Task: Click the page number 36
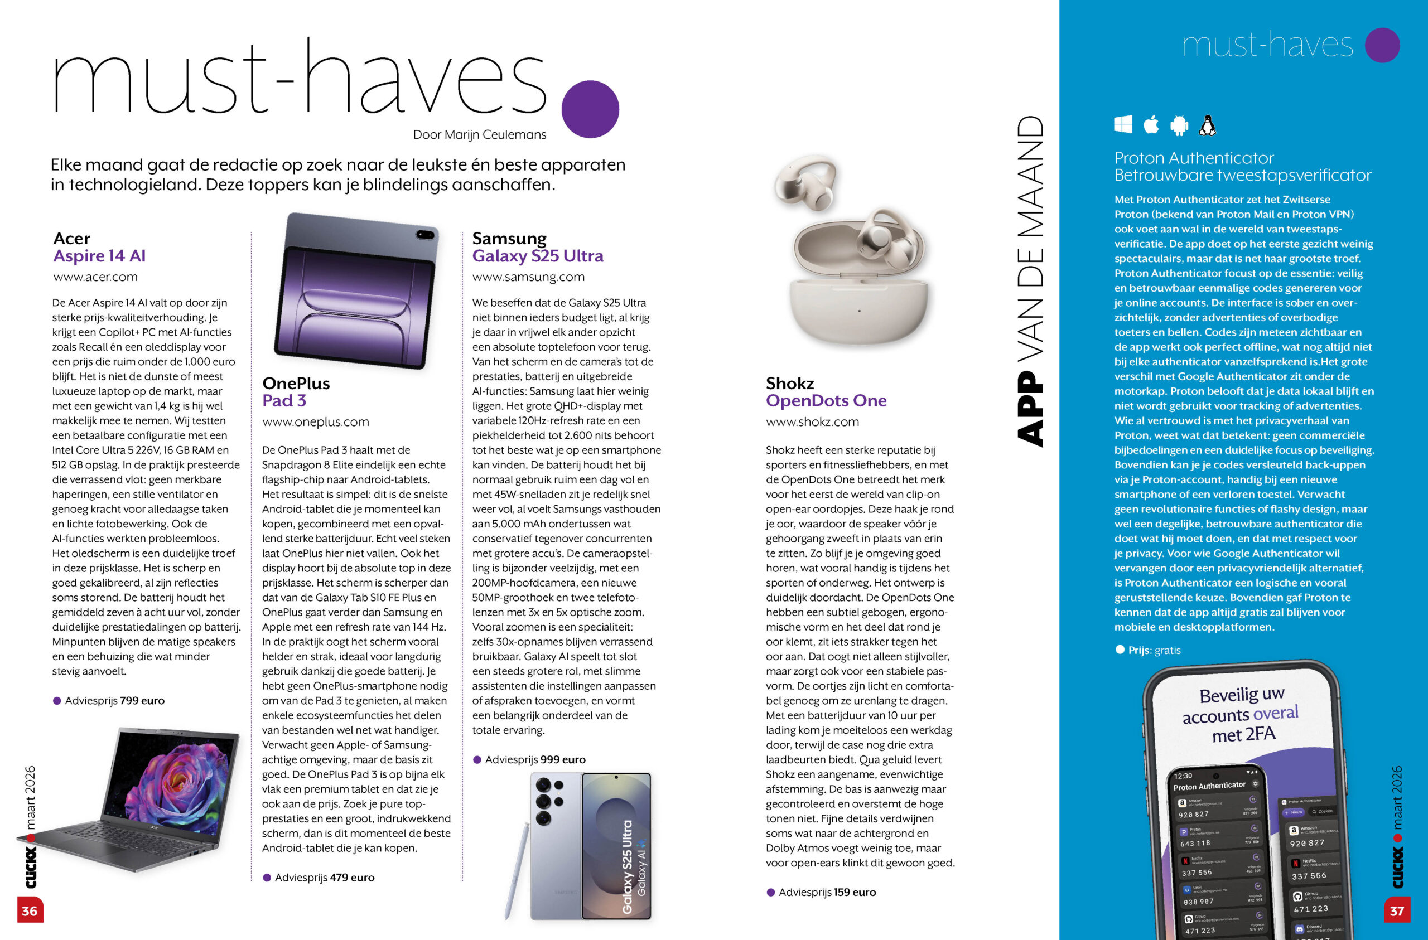click(30, 910)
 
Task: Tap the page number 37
click(1397, 910)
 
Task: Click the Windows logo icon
click(1123, 125)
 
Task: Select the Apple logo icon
click(1151, 125)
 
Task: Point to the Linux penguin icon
click(1207, 125)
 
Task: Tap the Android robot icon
click(1179, 125)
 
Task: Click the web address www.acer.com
click(95, 277)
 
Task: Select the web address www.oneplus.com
click(316, 421)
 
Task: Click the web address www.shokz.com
click(812, 421)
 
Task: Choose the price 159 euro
click(855, 892)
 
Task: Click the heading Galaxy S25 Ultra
click(538, 256)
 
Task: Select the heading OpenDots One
click(826, 401)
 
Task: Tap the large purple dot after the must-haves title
click(590, 109)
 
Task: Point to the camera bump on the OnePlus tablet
click(425, 234)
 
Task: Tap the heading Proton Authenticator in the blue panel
click(1193, 158)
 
